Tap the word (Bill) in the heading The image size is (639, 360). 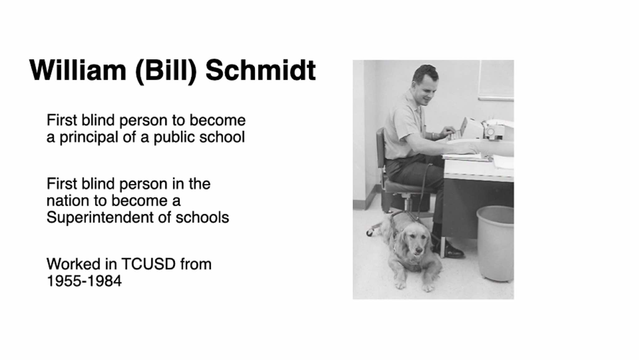pos(166,72)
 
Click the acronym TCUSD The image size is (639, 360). pos(149,264)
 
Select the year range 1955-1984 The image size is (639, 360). pos(84,281)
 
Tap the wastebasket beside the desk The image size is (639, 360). pos(495,244)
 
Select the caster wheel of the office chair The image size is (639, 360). pos(370,232)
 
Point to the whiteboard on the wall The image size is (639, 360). pos(496,80)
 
